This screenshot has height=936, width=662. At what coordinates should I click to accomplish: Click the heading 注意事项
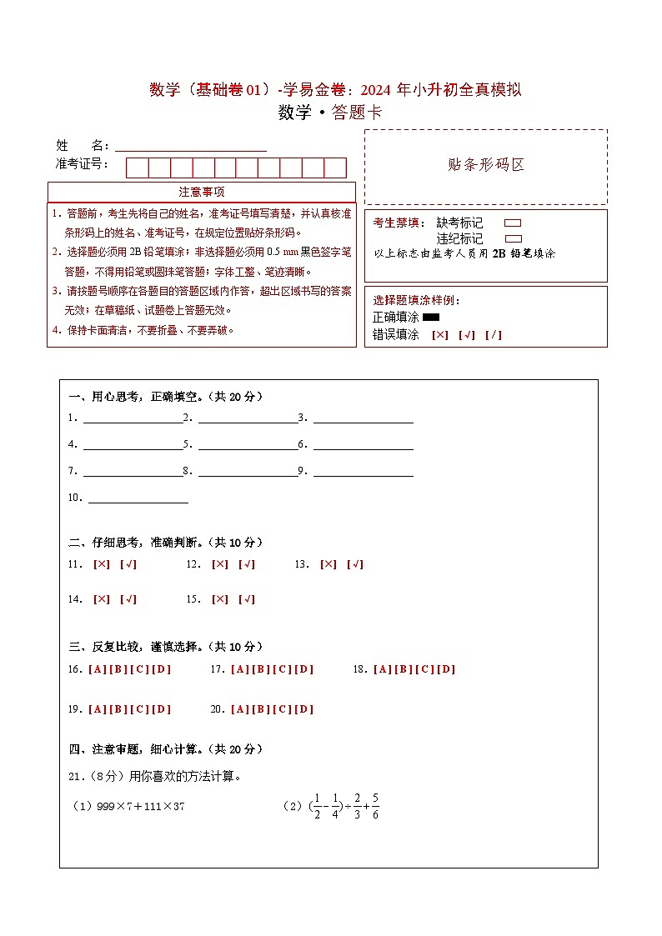click(x=201, y=192)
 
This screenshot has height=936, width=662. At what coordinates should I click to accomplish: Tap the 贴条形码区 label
click(x=486, y=165)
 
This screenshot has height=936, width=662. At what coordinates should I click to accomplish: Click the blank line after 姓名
click(x=191, y=146)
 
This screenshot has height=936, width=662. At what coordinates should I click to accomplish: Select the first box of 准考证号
click(x=137, y=168)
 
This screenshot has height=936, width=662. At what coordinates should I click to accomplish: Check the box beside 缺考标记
click(x=514, y=223)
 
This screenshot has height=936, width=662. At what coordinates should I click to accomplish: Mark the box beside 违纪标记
click(x=514, y=238)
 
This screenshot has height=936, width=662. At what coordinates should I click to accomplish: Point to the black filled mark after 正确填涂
click(x=431, y=317)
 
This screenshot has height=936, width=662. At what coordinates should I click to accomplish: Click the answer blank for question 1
click(x=133, y=418)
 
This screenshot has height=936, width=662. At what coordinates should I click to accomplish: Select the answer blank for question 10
click(x=138, y=498)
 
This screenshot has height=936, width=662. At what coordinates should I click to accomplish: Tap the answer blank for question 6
click(x=363, y=445)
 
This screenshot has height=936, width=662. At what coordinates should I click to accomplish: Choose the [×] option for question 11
click(x=102, y=564)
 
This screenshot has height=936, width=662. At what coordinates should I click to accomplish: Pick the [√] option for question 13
click(x=355, y=564)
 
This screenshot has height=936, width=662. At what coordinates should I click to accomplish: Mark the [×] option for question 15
click(x=220, y=599)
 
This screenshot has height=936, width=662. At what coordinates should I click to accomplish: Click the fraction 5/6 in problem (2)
click(x=375, y=806)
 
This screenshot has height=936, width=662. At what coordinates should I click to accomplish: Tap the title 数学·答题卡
click(x=330, y=113)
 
